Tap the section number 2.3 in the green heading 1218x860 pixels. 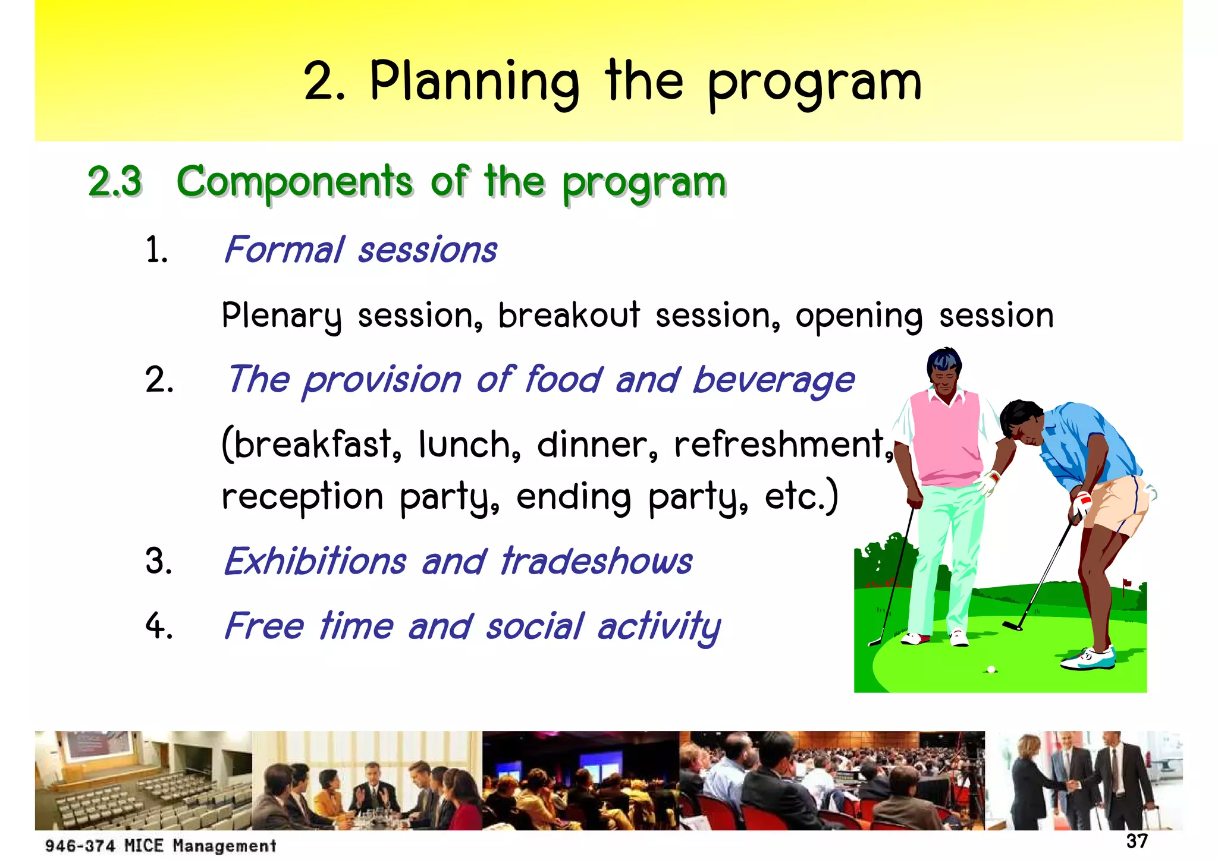coord(115,181)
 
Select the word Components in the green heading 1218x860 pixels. coord(294,181)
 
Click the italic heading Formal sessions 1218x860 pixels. coord(360,250)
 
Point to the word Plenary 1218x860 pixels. coord(282,316)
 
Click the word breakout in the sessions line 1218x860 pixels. coord(569,315)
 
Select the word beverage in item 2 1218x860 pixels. coord(774,380)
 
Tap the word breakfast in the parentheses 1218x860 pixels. coord(313,444)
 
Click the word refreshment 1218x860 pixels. coord(780,444)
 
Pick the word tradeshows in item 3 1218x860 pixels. coord(597,561)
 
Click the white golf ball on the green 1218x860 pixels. coord(991,669)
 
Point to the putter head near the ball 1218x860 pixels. coord(1012,626)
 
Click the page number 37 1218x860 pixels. coord(1137,841)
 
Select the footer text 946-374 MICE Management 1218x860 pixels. coord(161,845)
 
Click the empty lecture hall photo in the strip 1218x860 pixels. coord(143,780)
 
